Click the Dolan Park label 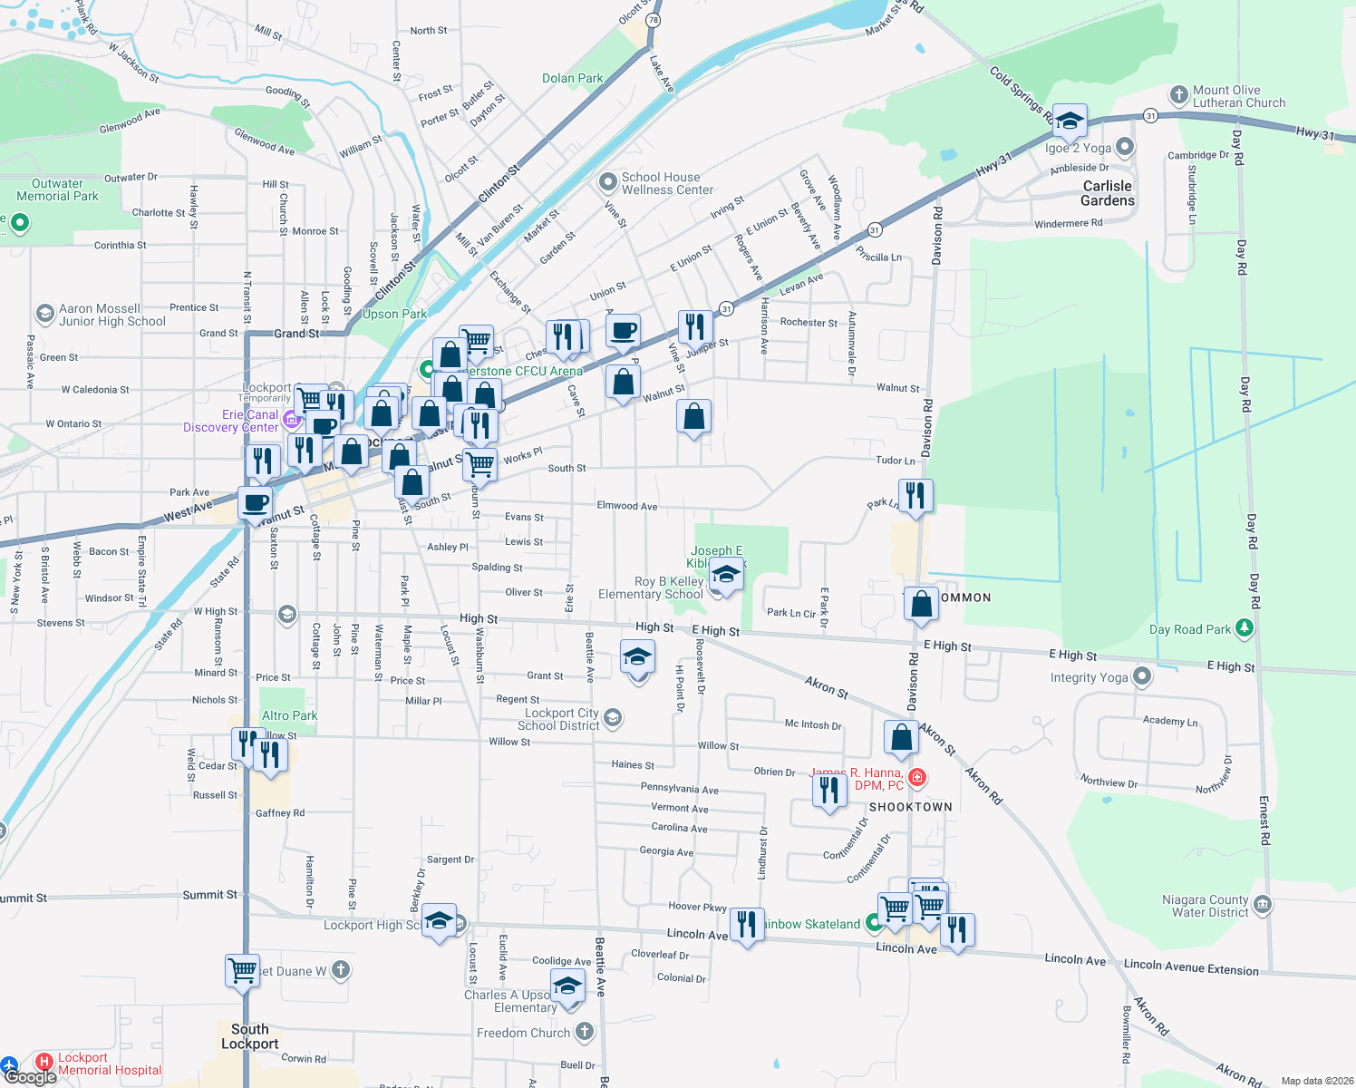coord(572,79)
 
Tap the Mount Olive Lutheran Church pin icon coord(1178,94)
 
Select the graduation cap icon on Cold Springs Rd coord(1070,121)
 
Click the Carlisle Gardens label coord(1107,193)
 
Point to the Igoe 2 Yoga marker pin coord(1125,147)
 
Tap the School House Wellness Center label coord(667,183)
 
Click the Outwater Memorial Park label coord(57,189)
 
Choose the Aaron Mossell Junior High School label coord(111,315)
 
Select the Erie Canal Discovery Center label coord(230,421)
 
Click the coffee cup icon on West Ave coord(256,502)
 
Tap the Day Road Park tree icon coord(1245,627)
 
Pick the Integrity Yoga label coord(1090,677)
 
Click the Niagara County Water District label coord(1205,906)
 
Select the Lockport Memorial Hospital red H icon coord(44,1062)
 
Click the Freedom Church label coord(524,1033)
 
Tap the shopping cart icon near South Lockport coord(242,970)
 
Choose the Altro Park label coord(289,715)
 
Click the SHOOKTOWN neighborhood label coord(910,807)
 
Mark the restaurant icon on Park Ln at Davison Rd coord(915,495)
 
